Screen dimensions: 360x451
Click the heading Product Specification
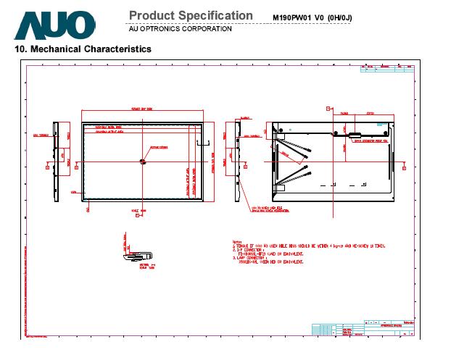point(191,16)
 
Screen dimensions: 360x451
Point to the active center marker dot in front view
point(143,161)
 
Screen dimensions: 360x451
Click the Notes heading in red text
point(237,241)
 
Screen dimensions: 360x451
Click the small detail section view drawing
point(136,250)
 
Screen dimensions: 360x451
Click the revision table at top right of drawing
point(388,68)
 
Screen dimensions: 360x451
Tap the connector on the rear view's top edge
point(355,134)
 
